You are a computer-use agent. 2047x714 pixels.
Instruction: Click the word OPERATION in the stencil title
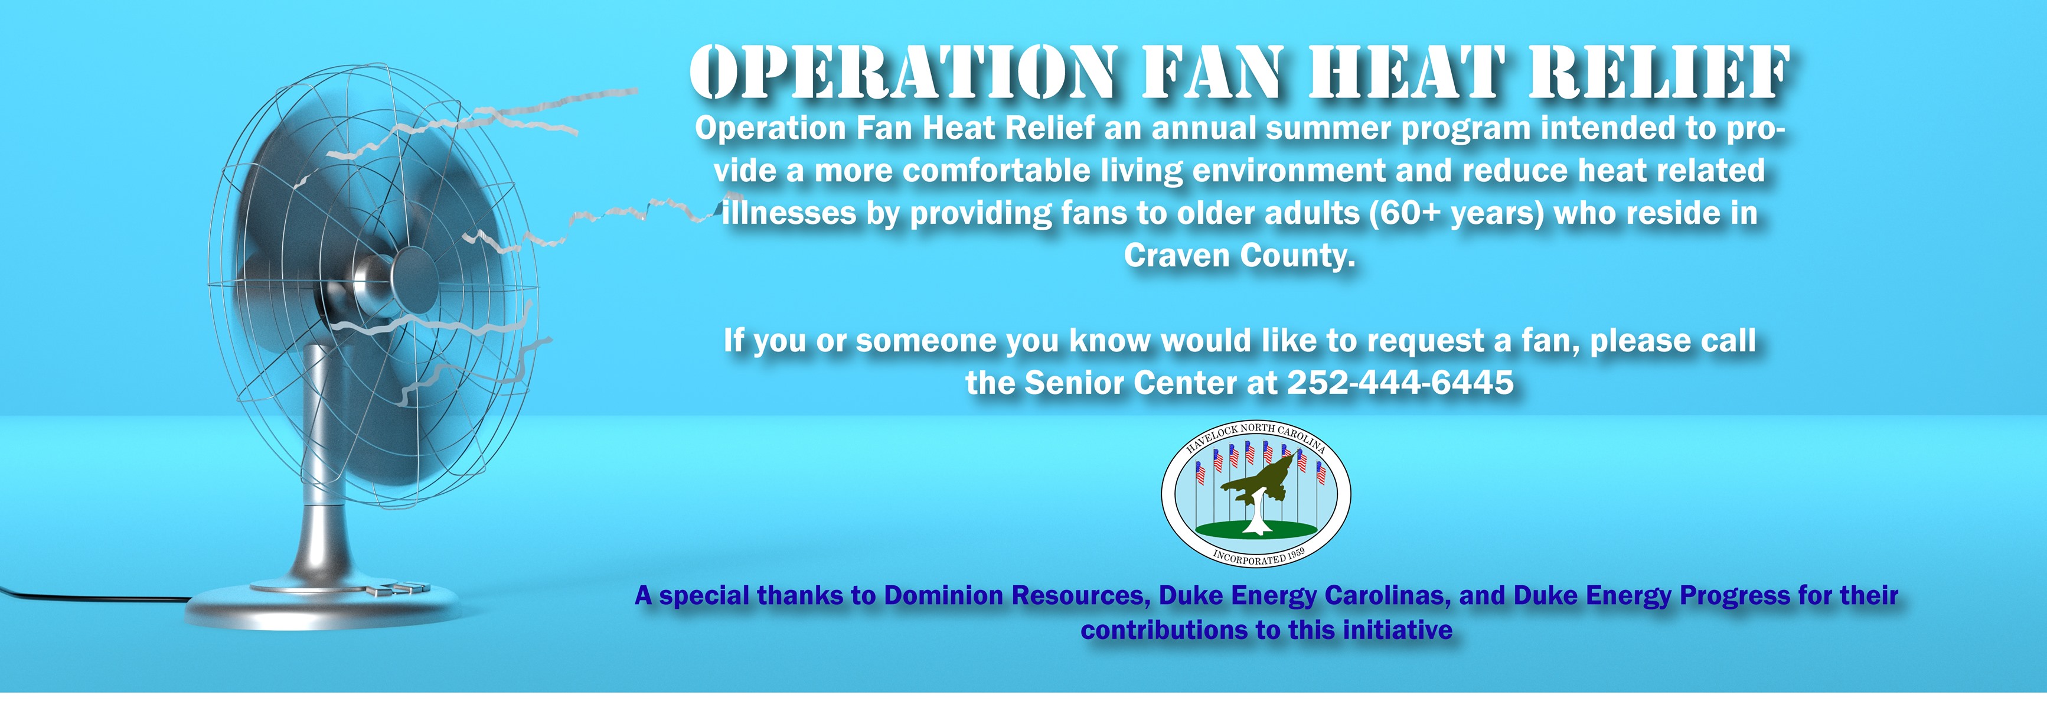coord(903,73)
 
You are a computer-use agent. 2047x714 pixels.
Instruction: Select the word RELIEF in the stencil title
coord(1659,73)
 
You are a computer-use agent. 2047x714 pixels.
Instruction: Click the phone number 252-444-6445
coord(1400,383)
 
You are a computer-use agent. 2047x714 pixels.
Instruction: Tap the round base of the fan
coord(322,608)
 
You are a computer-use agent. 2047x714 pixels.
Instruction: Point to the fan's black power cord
coord(92,596)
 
